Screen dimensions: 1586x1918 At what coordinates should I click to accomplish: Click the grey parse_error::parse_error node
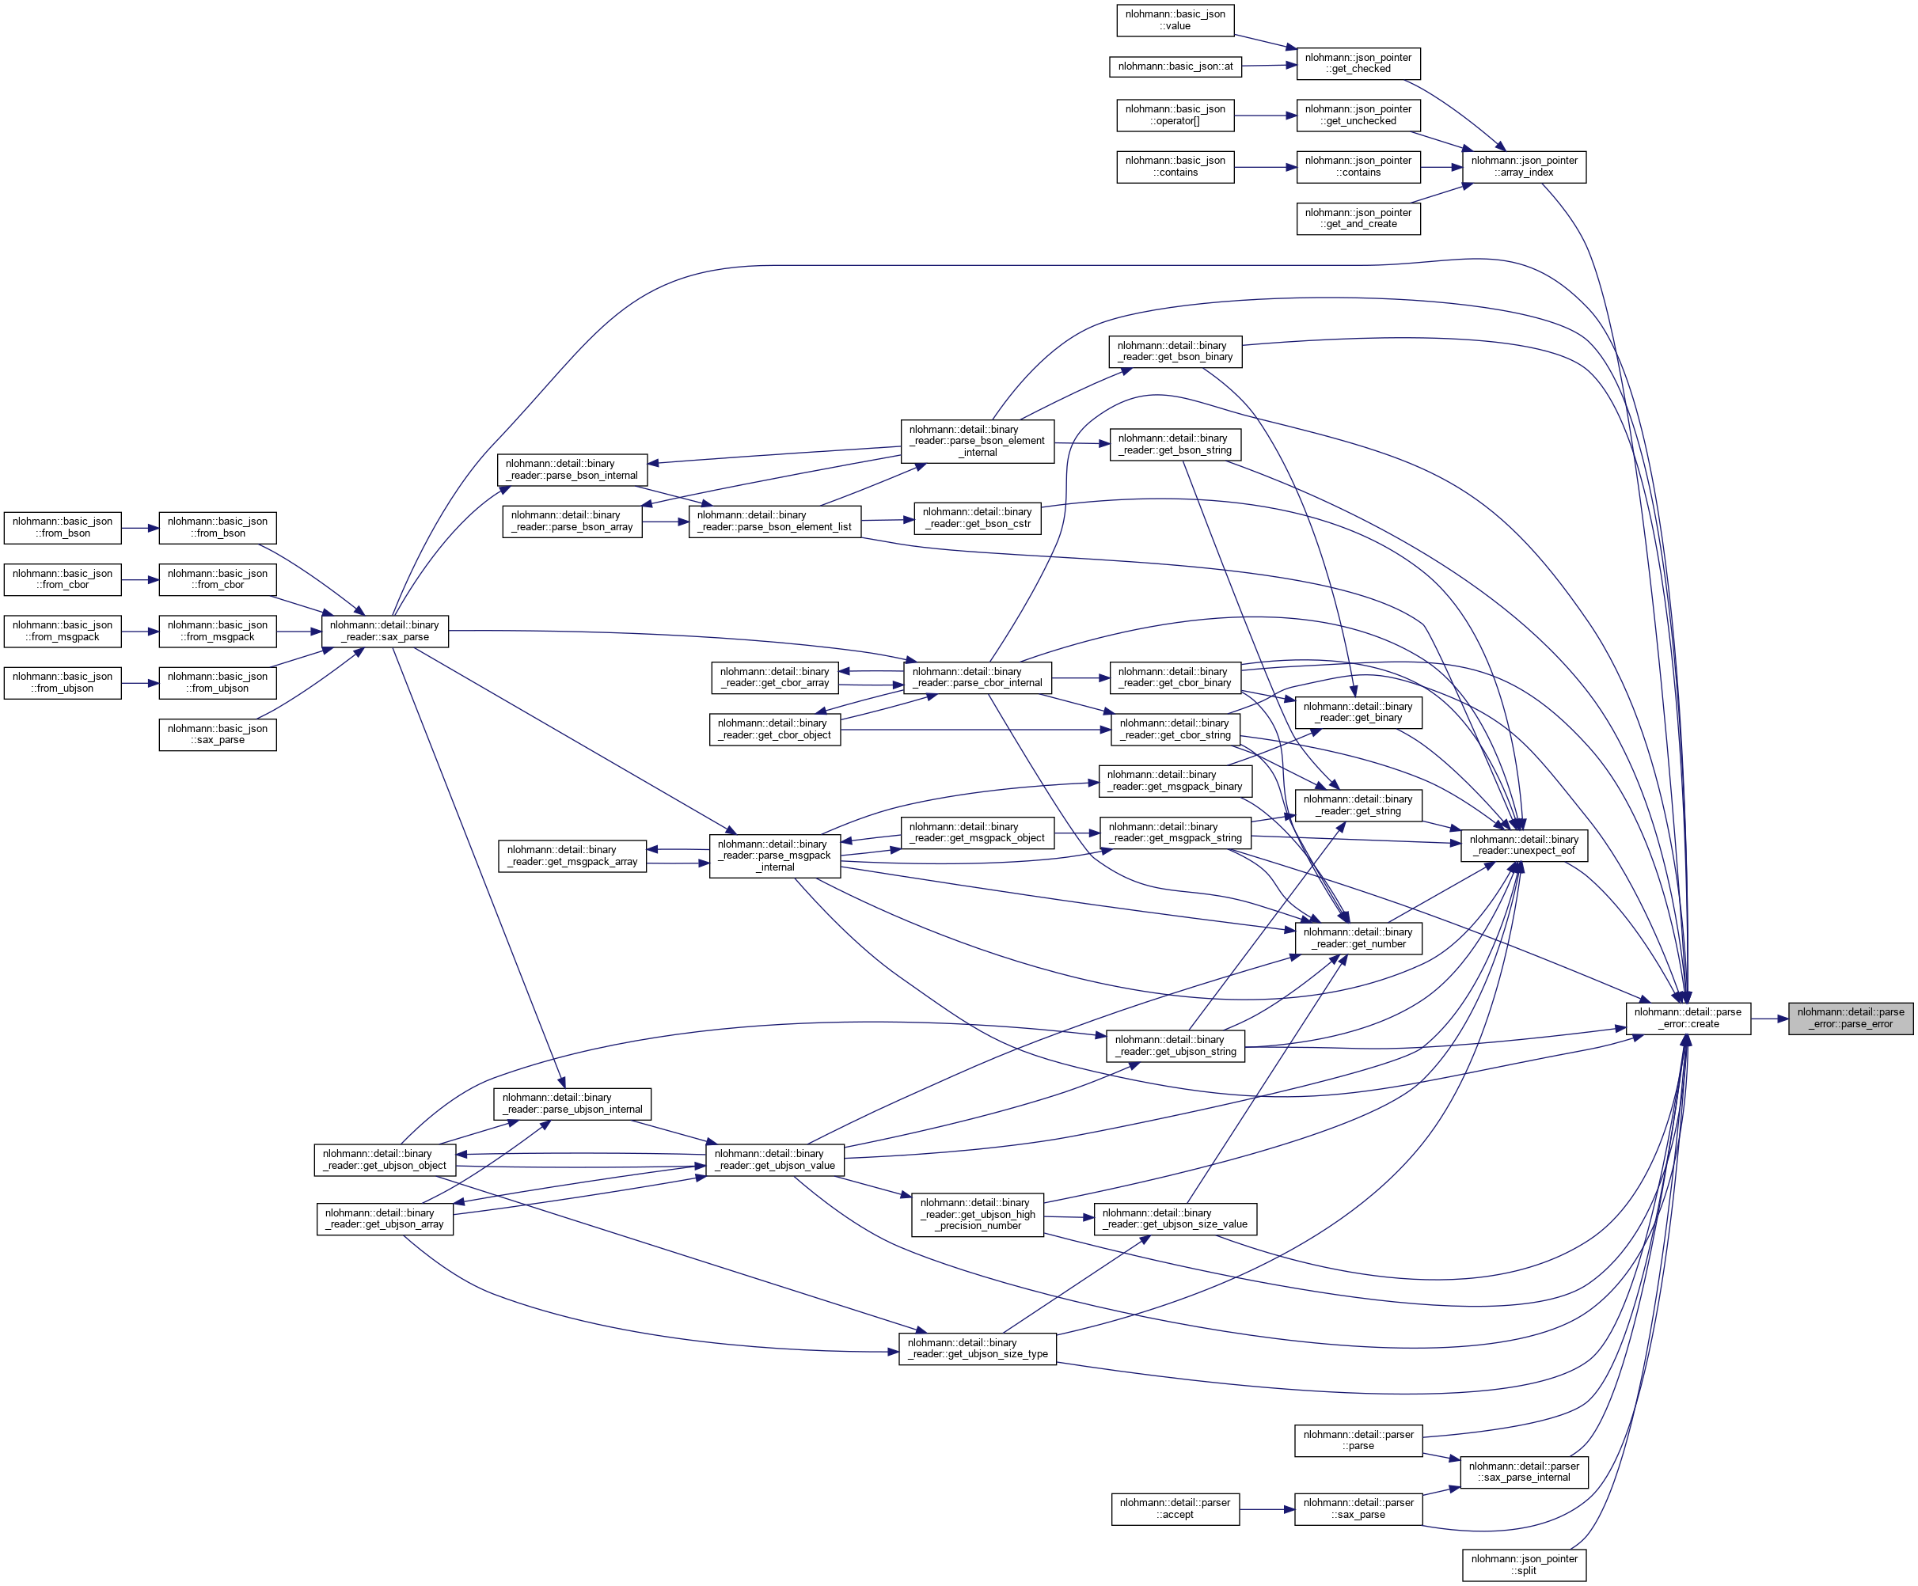pos(1851,1018)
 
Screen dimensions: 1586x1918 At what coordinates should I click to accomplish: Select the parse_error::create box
pos(1688,1018)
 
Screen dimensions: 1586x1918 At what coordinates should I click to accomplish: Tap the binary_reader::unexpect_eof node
pos(1524,845)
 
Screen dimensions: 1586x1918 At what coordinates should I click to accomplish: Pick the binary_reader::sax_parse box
pos(385,631)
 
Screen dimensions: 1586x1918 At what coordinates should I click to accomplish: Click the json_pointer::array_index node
pos(1524,166)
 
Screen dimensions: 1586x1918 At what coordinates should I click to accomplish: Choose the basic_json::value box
pos(1175,20)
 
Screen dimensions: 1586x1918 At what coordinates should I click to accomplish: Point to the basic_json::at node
pos(1175,66)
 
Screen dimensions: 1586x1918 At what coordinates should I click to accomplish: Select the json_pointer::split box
pos(1524,1565)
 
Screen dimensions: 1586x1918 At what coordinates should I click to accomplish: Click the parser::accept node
pos(1175,1508)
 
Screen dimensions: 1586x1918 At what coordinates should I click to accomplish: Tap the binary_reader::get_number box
pos(1358,938)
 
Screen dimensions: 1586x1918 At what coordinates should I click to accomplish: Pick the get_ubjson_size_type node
pos(978,1349)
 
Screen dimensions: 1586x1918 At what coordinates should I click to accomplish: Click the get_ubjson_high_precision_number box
pos(978,1214)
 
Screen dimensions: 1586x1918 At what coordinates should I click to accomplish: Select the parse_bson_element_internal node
pos(978,441)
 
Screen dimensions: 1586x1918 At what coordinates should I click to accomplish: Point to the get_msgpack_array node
pos(572,856)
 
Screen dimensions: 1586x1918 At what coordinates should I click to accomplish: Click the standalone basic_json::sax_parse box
pos(218,734)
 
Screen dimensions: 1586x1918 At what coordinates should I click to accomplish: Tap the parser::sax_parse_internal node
pos(1524,1472)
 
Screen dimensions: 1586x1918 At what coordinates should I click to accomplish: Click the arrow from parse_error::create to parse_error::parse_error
pos(1769,1018)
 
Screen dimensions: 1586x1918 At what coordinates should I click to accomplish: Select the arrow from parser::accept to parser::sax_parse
pos(1267,1509)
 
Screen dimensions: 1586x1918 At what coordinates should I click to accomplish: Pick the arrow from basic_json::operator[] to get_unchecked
pos(1265,116)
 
